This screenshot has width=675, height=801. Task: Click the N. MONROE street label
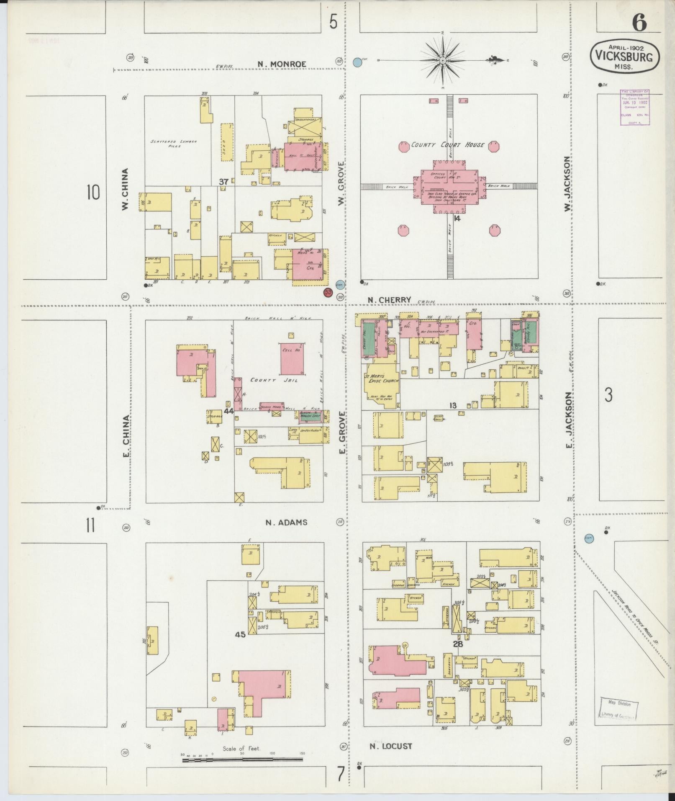coord(282,64)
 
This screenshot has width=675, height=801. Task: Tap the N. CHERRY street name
coord(384,300)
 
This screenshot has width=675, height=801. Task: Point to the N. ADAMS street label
coord(287,522)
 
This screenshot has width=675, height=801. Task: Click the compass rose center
coord(442,61)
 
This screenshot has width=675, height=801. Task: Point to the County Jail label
coord(274,380)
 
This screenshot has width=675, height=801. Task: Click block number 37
coord(224,182)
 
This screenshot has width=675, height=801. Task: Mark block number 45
coord(240,634)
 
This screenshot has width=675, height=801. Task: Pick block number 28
coord(458,644)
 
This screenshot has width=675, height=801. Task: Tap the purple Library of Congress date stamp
coord(635,107)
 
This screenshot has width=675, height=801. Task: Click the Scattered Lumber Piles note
coord(174,144)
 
